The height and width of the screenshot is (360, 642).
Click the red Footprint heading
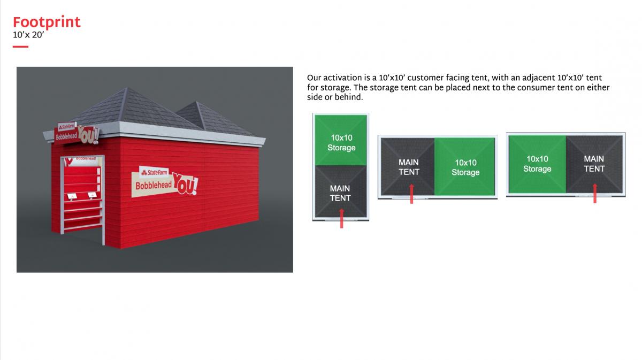[x=47, y=22]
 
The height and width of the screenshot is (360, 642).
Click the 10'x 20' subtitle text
[x=28, y=35]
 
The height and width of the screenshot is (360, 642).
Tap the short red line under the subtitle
[x=21, y=47]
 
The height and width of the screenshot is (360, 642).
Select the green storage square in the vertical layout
[x=341, y=140]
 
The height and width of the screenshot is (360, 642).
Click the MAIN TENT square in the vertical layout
[x=341, y=191]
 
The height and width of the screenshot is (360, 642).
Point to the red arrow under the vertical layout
[x=342, y=218]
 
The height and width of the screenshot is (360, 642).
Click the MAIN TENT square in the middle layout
[x=408, y=167]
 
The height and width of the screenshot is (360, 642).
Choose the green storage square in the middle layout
[x=464, y=167]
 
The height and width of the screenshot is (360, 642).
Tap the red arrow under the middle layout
[x=411, y=194]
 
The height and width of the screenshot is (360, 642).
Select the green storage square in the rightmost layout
[x=537, y=164]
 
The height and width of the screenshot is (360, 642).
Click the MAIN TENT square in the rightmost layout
[x=594, y=164]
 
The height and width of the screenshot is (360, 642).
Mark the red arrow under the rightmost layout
[x=595, y=194]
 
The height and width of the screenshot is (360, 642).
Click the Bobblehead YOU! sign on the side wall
[x=165, y=182]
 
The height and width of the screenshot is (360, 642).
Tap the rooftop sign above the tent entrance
[x=77, y=134]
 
